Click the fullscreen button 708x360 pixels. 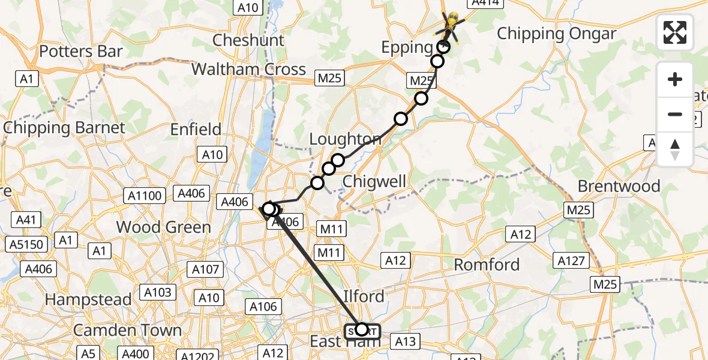(x=675, y=32)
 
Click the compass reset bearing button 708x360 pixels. (x=675, y=149)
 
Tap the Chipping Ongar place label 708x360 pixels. (x=556, y=34)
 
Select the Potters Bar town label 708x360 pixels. (x=80, y=52)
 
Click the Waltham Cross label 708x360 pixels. (x=248, y=69)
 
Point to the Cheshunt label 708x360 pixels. (x=248, y=41)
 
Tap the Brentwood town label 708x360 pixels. (x=619, y=186)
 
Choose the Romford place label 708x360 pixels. (x=487, y=265)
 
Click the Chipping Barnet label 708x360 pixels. (x=64, y=128)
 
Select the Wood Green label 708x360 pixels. (x=163, y=227)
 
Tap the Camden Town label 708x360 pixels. (x=127, y=331)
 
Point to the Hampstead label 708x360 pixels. (x=88, y=299)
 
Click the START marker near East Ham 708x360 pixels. (x=362, y=330)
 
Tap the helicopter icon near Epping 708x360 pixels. (x=451, y=24)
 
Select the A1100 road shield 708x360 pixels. (x=145, y=195)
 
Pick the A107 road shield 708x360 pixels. (x=205, y=269)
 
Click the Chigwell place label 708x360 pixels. (x=374, y=181)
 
